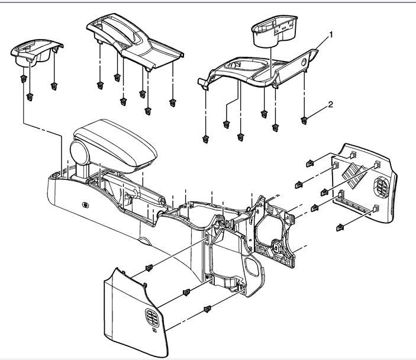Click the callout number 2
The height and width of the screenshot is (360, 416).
point(331,105)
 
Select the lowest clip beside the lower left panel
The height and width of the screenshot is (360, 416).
point(208,308)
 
